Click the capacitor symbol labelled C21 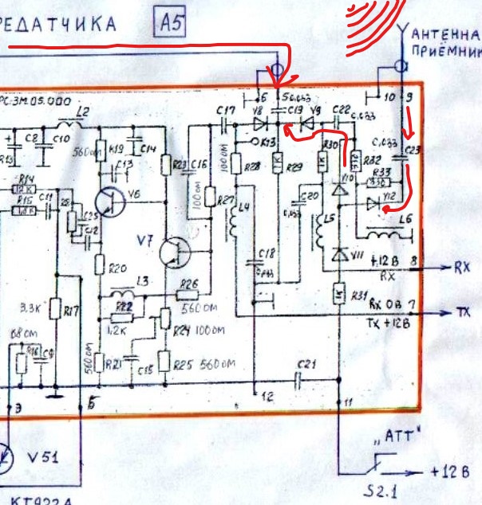[301, 379]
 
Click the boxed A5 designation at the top [172, 23]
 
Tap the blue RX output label [462, 268]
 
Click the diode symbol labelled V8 [258, 123]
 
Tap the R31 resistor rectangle [339, 293]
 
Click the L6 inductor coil [389, 231]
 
